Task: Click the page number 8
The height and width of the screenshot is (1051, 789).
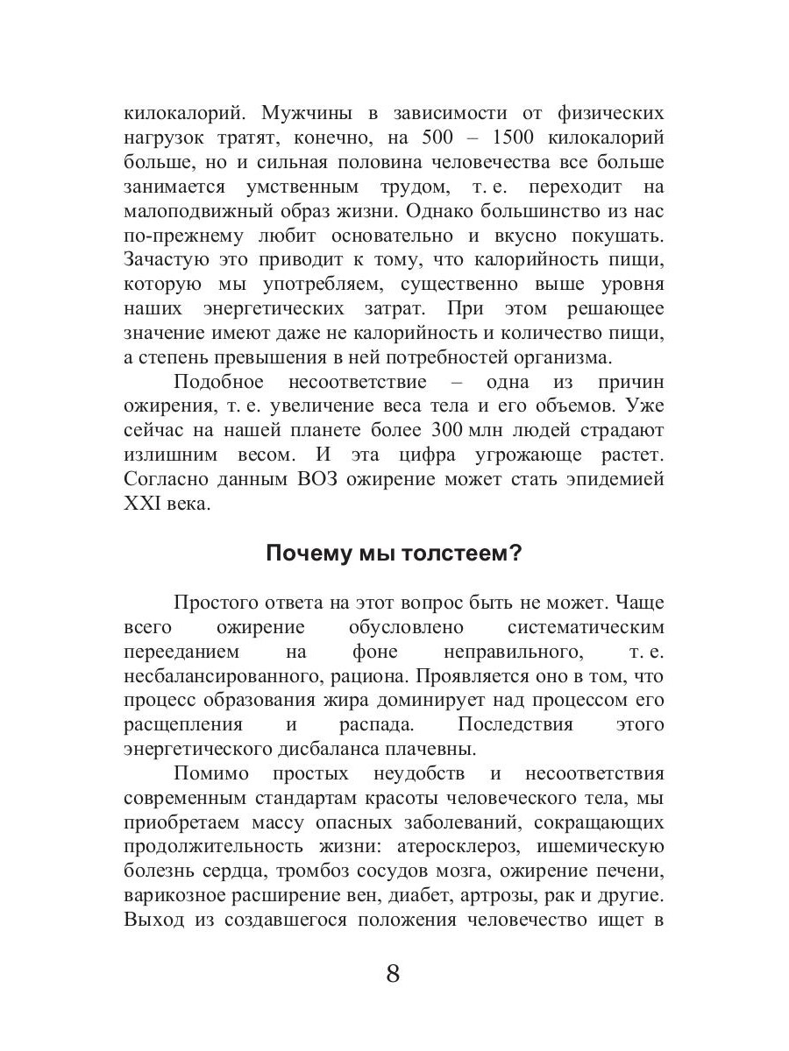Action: (x=393, y=973)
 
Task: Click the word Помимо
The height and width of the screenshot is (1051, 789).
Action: (x=211, y=774)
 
